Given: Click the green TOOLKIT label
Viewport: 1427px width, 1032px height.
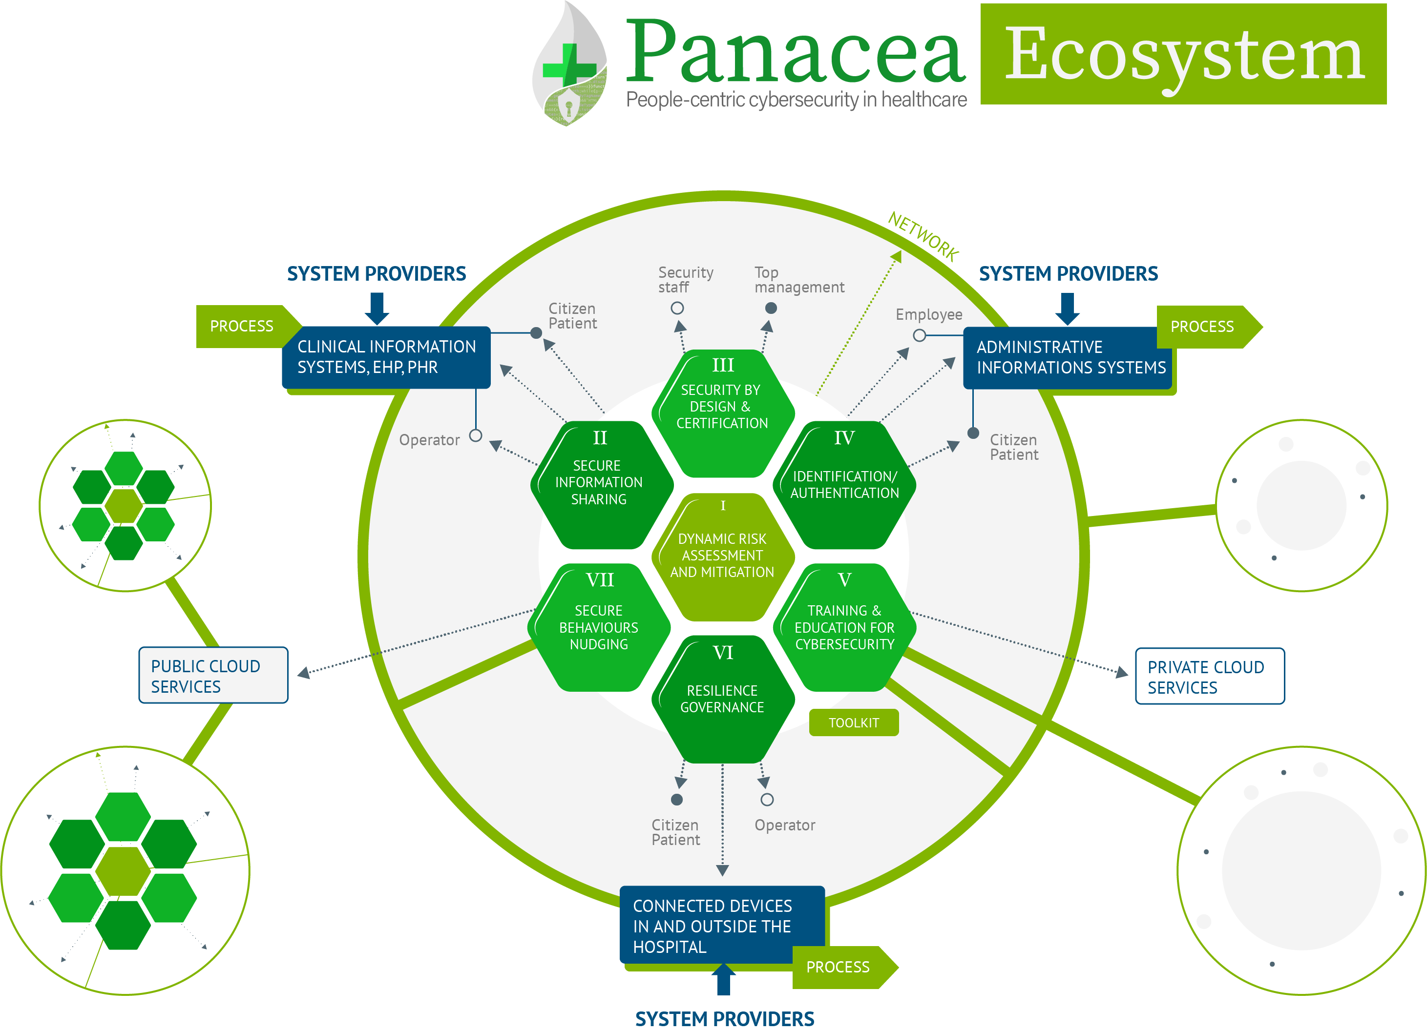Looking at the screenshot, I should coord(853,723).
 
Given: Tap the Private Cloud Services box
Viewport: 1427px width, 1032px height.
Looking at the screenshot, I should coord(1209,677).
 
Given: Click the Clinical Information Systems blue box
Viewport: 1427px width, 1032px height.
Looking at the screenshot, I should coord(386,357).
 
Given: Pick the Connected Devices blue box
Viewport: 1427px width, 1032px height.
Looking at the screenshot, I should coord(721,926).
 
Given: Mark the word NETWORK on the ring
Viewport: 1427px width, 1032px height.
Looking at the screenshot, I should coord(923,236).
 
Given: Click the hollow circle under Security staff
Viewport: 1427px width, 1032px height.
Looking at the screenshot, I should coord(677,308).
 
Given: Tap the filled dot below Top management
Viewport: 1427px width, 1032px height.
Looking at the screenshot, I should coord(771,308).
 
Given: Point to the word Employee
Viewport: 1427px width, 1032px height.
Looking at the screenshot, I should coord(929,314).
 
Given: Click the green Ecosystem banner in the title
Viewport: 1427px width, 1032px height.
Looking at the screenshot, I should coord(1183,54).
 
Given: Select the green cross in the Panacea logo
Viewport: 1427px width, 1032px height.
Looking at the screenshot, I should coord(569,65).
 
